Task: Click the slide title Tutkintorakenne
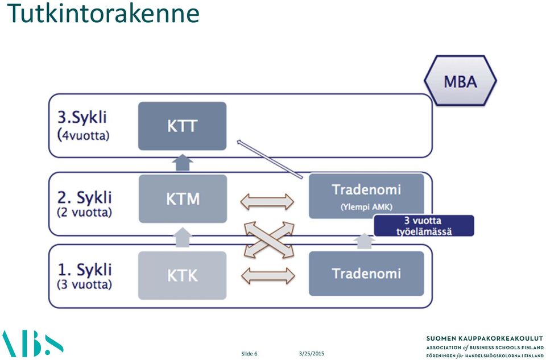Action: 103,13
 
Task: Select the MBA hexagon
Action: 460,80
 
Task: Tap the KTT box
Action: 183,126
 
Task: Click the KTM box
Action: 183,199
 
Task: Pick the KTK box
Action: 183,275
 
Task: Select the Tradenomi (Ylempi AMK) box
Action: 366,196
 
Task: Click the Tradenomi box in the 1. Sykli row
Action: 366,274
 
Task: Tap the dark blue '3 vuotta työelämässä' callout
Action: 424,226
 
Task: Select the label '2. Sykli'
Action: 85,197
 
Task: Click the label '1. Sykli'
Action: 85,270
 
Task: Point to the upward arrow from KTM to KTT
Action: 183,163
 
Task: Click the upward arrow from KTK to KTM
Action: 183,237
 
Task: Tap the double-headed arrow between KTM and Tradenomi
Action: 267,201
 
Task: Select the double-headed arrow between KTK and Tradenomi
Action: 268,276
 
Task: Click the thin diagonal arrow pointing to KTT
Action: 270,159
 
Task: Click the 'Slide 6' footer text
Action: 249,354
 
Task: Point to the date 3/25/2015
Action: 311,353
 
